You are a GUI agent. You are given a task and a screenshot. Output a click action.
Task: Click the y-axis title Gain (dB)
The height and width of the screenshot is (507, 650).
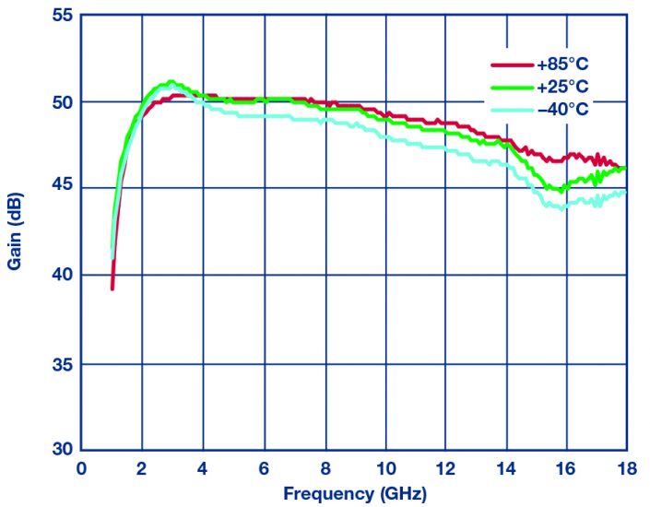(16, 233)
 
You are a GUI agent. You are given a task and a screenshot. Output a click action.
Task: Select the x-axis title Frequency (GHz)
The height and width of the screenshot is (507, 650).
(355, 493)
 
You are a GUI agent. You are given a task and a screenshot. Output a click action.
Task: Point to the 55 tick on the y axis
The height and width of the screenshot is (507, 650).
(61, 17)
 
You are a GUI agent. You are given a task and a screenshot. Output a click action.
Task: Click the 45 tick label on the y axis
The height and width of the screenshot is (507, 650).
(61, 189)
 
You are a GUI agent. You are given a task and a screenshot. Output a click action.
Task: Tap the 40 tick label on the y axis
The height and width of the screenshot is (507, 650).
(61, 276)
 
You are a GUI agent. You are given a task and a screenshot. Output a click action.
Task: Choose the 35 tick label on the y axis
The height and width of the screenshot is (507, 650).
(61, 363)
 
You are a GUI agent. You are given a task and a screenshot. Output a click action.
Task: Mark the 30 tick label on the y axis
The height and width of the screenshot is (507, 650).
(61, 449)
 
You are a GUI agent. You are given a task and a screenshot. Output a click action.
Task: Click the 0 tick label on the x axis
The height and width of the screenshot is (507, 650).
(81, 468)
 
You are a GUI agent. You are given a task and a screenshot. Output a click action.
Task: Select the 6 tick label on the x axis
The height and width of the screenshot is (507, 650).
(264, 468)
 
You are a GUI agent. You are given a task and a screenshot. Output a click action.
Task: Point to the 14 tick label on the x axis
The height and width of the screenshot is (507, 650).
(506, 468)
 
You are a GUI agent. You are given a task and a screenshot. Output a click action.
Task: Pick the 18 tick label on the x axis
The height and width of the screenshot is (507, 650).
(627, 468)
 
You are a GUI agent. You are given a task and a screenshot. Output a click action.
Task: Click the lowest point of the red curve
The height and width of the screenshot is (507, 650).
(112, 289)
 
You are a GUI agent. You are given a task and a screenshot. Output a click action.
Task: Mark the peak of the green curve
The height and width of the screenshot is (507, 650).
(170, 82)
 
